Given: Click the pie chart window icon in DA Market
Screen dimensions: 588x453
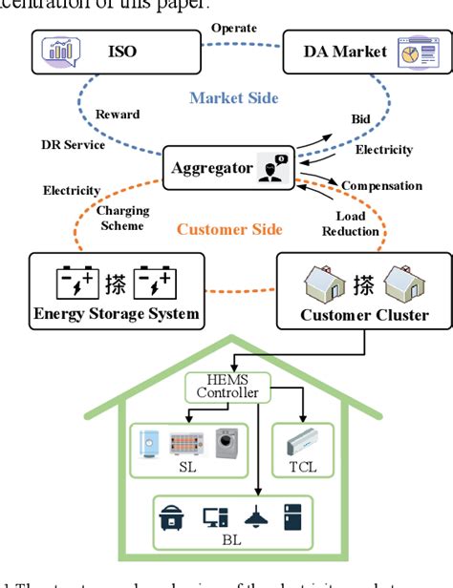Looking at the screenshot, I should coord(404,52).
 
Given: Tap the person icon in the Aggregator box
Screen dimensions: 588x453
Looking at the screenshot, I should coord(270,169).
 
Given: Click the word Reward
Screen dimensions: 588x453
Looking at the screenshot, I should coord(116,114).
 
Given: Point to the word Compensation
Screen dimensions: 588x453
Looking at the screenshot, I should coord(381,185).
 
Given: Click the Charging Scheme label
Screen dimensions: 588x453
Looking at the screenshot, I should coord(121,219).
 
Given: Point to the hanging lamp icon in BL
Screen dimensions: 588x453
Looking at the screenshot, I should coord(257,516).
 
